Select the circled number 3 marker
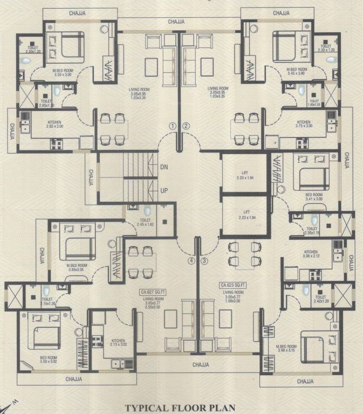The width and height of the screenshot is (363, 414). [x=204, y=261]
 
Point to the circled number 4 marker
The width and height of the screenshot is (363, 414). [x=190, y=261]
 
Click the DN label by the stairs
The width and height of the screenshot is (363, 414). [x=164, y=167]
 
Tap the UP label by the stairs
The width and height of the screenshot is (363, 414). [x=164, y=191]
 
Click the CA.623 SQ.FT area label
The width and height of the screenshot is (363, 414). [x=233, y=284]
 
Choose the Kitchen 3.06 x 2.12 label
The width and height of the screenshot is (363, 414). [x=311, y=254]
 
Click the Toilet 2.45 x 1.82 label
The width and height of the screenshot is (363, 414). [x=145, y=222]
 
